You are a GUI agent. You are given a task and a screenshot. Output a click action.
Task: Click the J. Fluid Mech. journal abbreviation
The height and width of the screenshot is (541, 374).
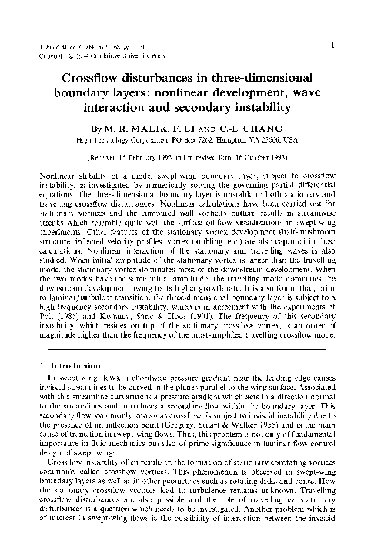(x=55, y=48)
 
